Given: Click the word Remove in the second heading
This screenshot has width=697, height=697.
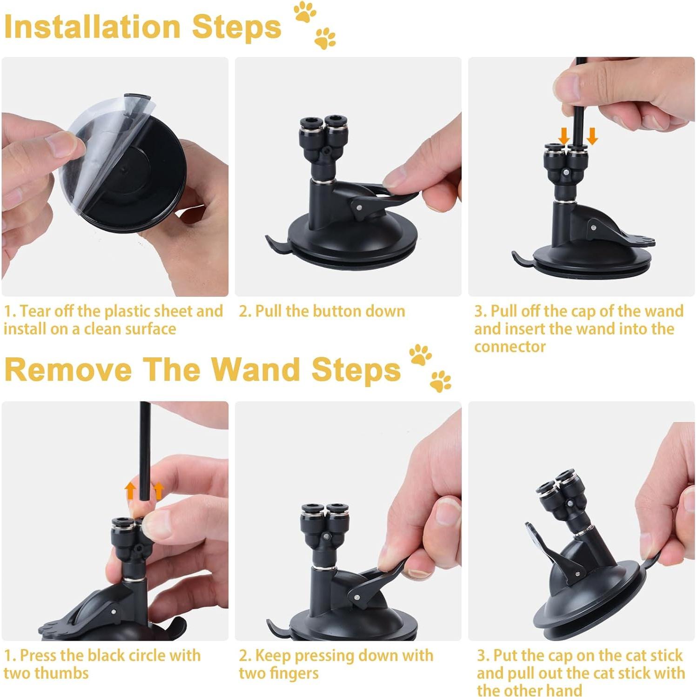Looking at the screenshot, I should (x=68, y=369).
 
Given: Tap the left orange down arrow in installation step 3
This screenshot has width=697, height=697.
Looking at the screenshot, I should (x=563, y=136).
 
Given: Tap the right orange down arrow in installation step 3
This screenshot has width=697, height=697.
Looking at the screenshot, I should (x=592, y=136).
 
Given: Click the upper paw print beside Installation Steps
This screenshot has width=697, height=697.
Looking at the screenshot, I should (x=305, y=13).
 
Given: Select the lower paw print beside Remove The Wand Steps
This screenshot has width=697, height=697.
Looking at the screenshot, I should (x=440, y=381).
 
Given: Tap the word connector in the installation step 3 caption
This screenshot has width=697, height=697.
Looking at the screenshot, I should (x=509, y=347).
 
